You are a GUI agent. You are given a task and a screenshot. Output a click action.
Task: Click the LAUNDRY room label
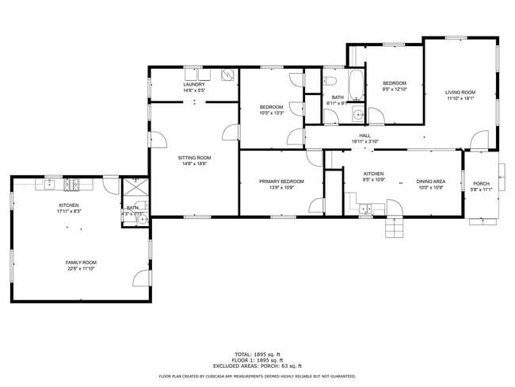tap(194, 84)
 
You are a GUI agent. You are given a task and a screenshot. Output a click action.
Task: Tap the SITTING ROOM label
tap(194, 158)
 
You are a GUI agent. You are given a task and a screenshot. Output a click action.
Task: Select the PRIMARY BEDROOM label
tap(281, 182)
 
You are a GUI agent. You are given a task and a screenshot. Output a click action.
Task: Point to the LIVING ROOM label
tap(460, 93)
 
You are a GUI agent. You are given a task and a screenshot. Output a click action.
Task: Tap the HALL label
tap(364, 136)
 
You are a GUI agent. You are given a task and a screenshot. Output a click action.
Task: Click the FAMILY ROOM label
tap(81, 262)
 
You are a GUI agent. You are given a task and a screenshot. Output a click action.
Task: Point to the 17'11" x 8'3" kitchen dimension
tap(69, 212)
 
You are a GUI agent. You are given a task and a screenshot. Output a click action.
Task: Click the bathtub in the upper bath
tap(357, 85)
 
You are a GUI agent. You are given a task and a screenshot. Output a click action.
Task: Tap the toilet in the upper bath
tap(331, 81)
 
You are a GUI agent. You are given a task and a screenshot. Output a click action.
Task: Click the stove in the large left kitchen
tap(72, 185)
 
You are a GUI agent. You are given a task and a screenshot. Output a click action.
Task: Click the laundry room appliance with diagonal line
tap(227, 76)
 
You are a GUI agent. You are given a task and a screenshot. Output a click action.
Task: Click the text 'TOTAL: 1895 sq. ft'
tap(257, 354)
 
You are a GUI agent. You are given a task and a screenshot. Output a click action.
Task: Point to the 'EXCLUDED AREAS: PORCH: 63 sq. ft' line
tap(257, 366)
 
